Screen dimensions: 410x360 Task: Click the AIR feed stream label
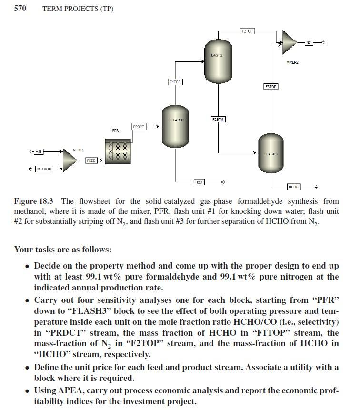pos(39,152)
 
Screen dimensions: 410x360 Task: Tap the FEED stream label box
pos(91,160)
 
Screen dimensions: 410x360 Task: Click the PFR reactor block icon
pos(118,151)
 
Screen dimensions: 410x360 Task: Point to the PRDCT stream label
pos(139,127)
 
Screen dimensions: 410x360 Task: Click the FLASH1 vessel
pos(177,126)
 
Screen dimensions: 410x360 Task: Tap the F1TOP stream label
pos(175,82)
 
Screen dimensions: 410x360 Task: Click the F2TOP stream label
pos(247,31)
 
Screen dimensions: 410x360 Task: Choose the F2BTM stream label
pos(218,119)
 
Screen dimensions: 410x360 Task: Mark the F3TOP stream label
pos(270,87)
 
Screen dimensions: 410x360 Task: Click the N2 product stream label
pos(309,43)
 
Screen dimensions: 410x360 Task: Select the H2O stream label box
pos(199,182)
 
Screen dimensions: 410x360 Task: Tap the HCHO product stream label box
pos(293,187)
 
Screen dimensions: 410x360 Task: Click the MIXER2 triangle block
pos(289,42)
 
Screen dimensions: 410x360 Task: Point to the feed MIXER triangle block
pos(69,160)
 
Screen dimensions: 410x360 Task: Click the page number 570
pos(20,9)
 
